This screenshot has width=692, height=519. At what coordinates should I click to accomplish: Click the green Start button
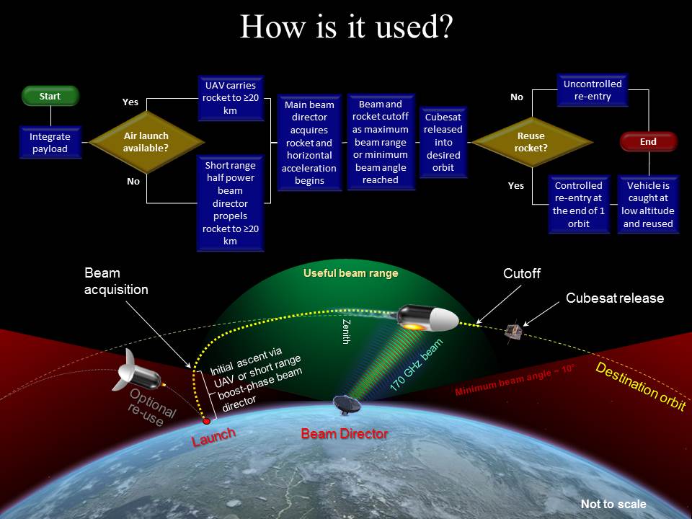[x=50, y=96]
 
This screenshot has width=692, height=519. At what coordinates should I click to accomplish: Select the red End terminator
[x=648, y=142]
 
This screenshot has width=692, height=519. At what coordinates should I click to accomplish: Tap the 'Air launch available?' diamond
[x=146, y=142]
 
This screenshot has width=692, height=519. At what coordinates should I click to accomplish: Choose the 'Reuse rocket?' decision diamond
[x=531, y=142]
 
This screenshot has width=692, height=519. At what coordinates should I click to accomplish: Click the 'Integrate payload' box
[x=50, y=143]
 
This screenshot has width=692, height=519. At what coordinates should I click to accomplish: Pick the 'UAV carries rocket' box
[x=231, y=98]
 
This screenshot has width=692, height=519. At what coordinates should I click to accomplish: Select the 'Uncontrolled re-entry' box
[x=593, y=90]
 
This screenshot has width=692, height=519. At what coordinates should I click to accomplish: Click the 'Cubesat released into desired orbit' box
[x=443, y=142]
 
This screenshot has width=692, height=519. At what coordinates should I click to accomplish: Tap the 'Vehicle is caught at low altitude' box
[x=648, y=204]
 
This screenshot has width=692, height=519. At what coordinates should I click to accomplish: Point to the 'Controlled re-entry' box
[x=579, y=204]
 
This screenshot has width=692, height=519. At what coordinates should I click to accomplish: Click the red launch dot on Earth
[x=206, y=421]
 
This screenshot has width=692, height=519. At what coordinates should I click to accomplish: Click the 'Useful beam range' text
[x=351, y=273]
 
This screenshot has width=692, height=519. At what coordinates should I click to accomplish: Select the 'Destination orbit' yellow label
[x=641, y=386]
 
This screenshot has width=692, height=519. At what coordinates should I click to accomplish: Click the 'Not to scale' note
[x=613, y=504]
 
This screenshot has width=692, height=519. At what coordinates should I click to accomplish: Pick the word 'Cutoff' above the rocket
[x=522, y=274]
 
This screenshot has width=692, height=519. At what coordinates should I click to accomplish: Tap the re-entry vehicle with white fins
[x=136, y=372]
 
